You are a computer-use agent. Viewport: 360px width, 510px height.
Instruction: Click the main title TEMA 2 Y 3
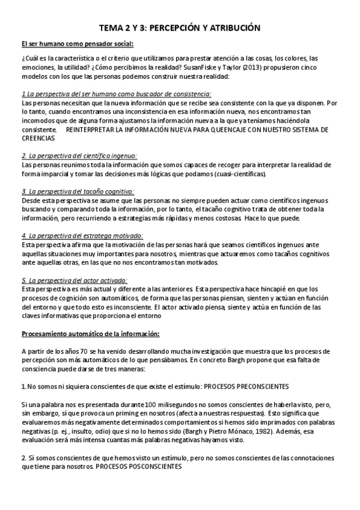point(180,28)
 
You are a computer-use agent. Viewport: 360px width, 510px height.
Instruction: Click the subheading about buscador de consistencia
point(116,94)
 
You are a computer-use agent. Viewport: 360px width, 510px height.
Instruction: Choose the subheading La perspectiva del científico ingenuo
point(79,156)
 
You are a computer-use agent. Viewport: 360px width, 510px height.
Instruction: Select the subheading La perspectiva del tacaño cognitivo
point(78,191)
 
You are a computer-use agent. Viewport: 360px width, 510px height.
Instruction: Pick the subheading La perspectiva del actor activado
point(75,280)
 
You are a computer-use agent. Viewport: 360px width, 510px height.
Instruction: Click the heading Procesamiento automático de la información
point(91,333)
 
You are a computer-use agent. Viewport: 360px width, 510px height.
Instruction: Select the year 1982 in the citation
point(230,431)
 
